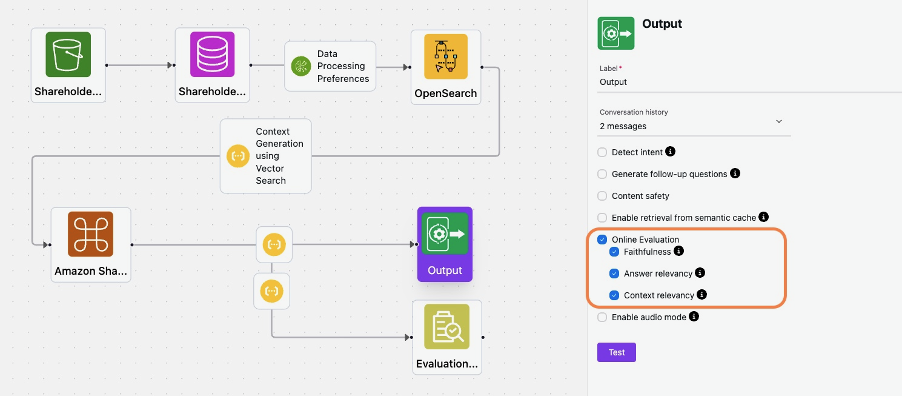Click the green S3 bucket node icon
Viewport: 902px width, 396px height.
coord(68,55)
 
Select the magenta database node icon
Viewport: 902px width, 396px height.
coord(212,55)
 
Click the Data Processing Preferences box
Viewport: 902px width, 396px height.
coord(330,66)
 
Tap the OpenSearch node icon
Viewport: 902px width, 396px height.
coord(446,56)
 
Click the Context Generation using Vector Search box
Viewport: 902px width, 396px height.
coord(266,156)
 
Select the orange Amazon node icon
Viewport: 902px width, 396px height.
coord(91,234)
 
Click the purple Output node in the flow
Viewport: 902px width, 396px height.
coord(445,244)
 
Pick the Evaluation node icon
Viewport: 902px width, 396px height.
coord(447,327)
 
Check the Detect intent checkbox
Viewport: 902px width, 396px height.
coord(602,152)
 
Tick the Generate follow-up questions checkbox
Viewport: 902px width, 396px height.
coord(602,174)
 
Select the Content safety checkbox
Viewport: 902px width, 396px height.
coord(602,196)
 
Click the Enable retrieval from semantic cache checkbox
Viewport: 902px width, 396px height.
coord(602,218)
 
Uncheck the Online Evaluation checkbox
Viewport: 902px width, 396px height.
coord(602,240)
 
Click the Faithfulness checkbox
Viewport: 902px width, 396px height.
coord(614,252)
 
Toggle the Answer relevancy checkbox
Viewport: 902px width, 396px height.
coord(614,274)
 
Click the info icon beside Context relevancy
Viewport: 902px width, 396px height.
coord(701,295)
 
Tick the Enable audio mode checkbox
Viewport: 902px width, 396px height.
coord(602,317)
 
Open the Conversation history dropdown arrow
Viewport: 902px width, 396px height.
coord(779,121)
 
